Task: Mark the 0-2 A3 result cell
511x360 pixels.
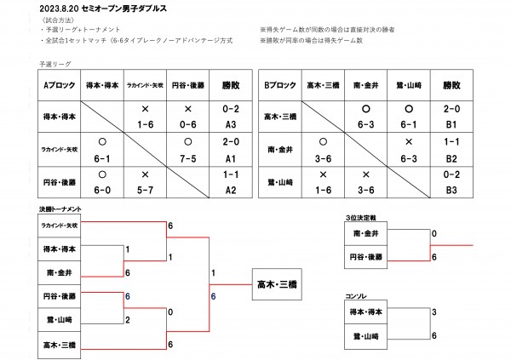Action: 230,117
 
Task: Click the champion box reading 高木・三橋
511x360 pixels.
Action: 280,284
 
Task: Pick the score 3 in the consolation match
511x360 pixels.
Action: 434,312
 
